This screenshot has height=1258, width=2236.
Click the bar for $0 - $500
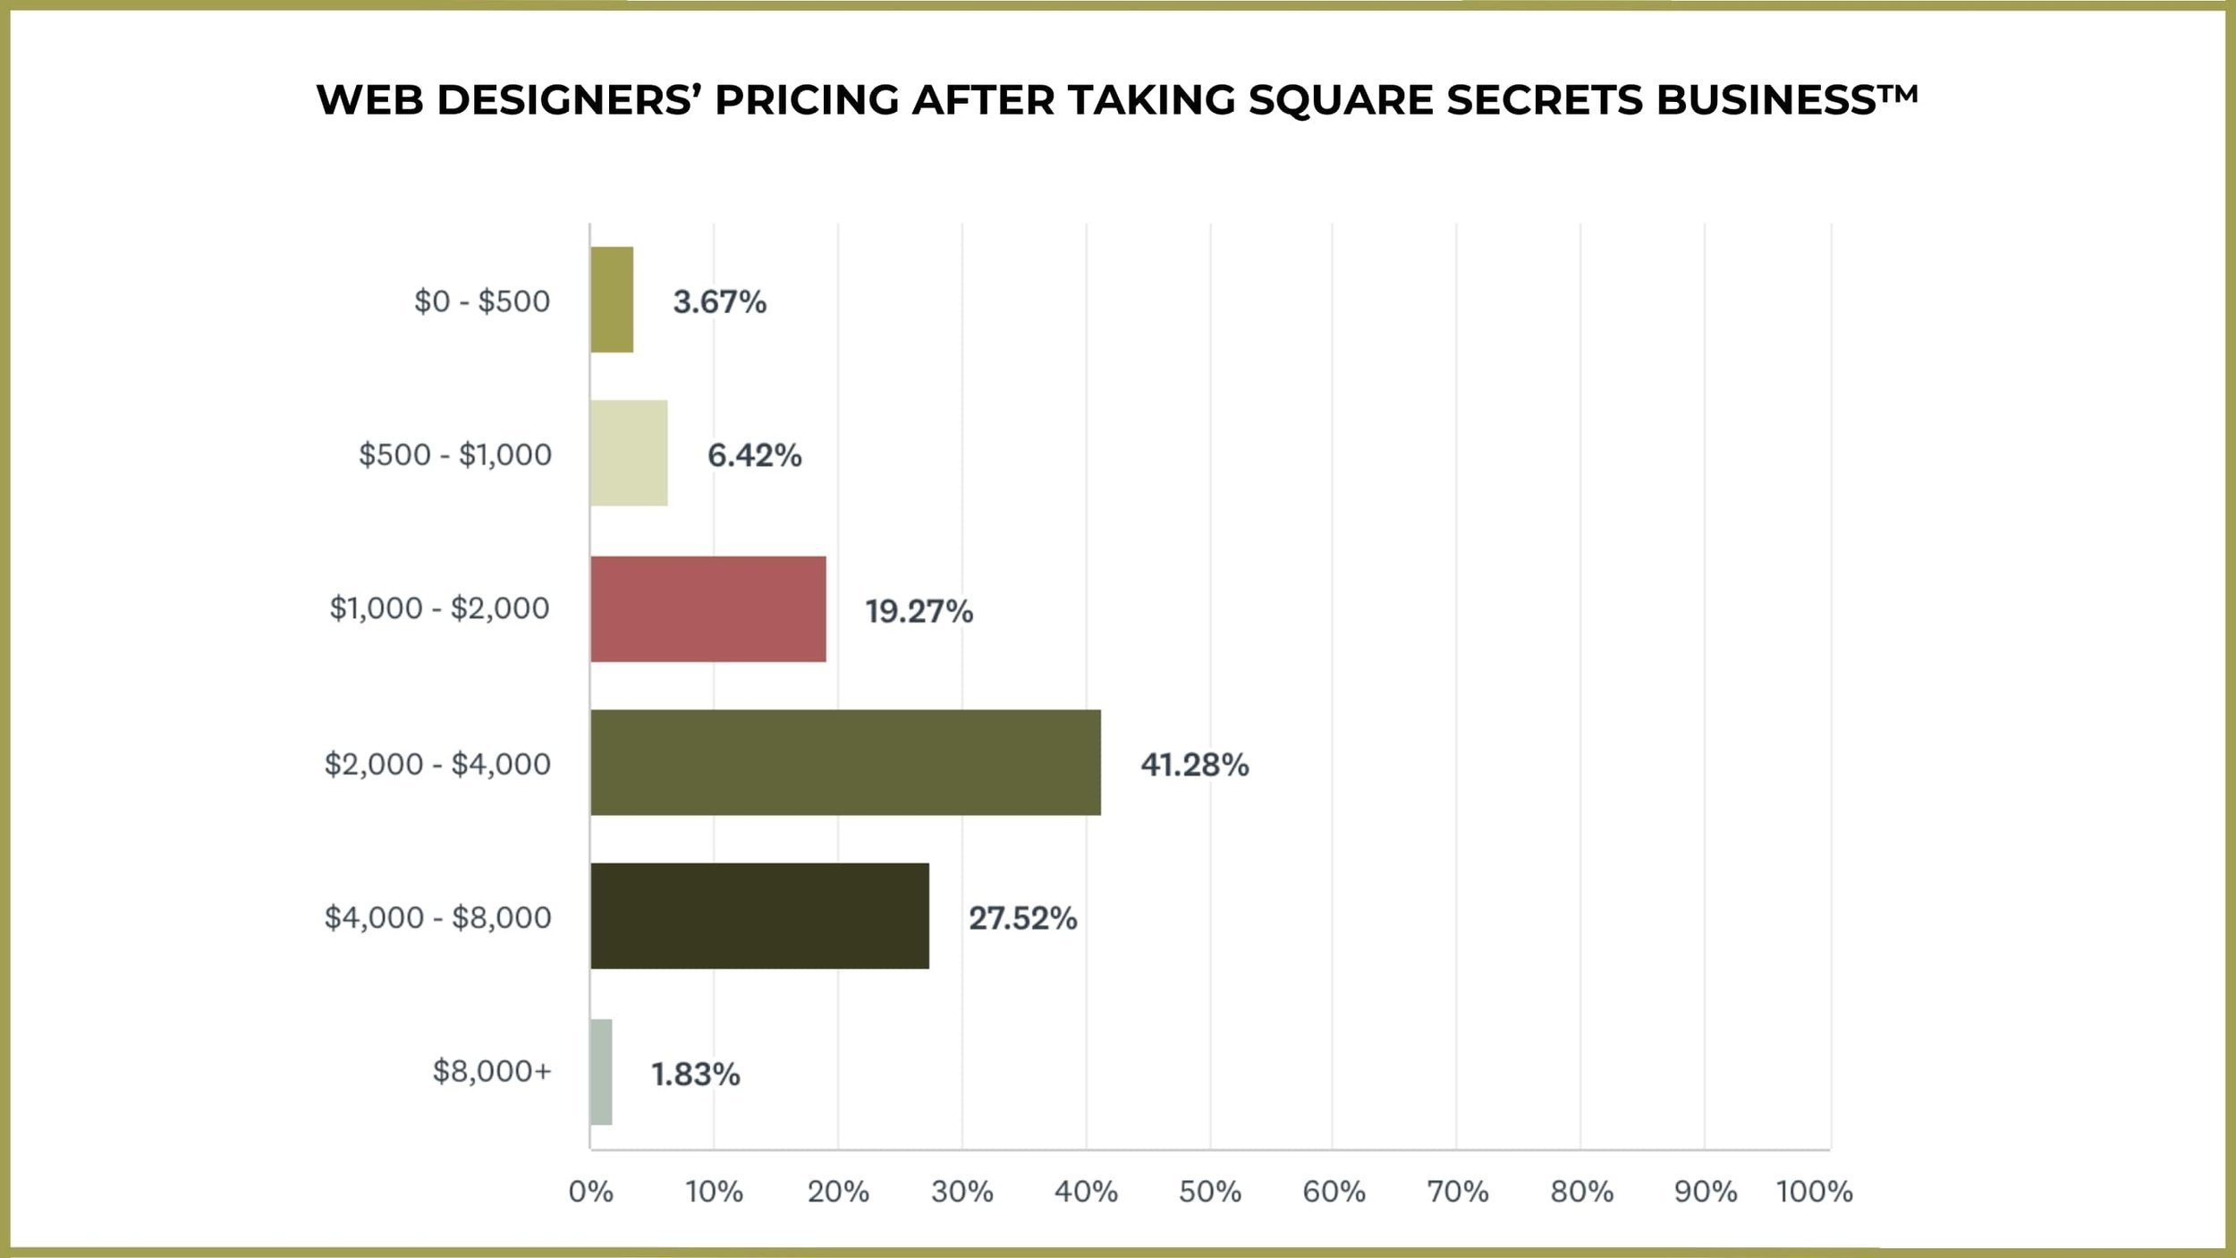click(x=612, y=300)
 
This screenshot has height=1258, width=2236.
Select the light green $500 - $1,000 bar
click(x=629, y=453)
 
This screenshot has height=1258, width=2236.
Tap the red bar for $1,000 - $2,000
click(x=707, y=609)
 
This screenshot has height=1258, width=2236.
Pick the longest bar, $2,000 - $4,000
click(x=845, y=762)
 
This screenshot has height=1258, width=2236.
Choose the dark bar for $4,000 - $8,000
click(x=759, y=916)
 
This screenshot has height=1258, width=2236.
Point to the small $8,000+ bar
click(x=601, y=1072)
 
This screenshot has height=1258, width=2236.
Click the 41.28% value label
click(x=1194, y=765)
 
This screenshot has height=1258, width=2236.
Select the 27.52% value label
click(x=1022, y=919)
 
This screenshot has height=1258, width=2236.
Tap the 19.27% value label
click(x=919, y=612)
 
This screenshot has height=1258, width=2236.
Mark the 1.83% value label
click(x=695, y=1075)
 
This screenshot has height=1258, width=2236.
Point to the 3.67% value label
click(x=719, y=302)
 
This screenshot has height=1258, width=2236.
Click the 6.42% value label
click(x=754, y=456)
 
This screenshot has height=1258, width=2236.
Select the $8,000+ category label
click(x=492, y=1071)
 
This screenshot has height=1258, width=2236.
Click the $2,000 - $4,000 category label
click(x=437, y=764)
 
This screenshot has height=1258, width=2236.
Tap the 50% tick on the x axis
click(x=1209, y=1192)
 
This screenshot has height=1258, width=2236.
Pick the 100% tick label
click(x=1814, y=1192)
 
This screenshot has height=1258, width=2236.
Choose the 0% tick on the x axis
click(x=591, y=1192)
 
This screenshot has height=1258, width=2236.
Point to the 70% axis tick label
click(x=1457, y=1192)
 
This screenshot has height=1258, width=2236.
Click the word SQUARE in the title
click(x=1341, y=100)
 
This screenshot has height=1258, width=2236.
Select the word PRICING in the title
click(x=807, y=100)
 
